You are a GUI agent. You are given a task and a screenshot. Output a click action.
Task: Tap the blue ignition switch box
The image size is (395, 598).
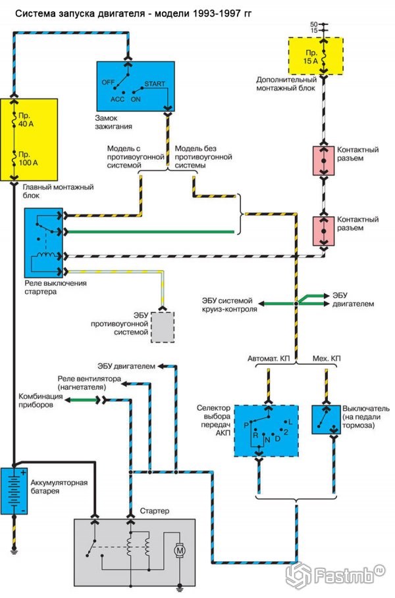coord(135,86)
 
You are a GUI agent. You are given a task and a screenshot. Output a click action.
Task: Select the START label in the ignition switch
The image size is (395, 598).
coord(155,85)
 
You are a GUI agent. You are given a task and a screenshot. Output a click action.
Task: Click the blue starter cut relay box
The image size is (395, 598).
coord(41,241)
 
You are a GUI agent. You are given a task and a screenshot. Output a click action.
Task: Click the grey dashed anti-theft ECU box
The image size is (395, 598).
coord(163,326)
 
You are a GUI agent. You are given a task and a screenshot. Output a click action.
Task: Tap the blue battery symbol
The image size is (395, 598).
coord(13,490)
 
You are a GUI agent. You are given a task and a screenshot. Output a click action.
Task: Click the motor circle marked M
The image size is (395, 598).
coord(180,549)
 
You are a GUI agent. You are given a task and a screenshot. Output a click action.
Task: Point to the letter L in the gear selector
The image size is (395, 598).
coord(290,421)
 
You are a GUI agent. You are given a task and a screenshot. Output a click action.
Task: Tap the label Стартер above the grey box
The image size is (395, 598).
coord(155,511)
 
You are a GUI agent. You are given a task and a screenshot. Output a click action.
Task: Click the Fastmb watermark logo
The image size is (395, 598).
coord(335,575)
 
